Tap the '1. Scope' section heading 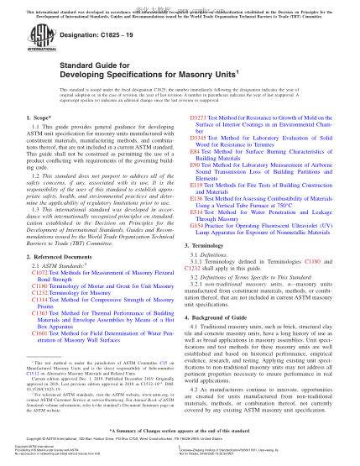tap(39, 132)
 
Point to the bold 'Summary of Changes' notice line tap(180, 440)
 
